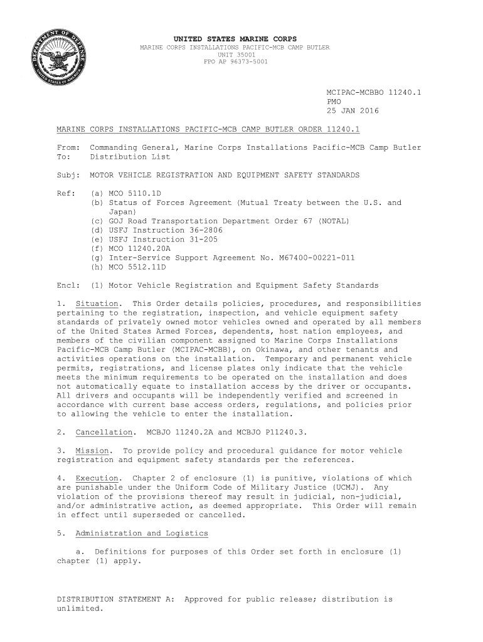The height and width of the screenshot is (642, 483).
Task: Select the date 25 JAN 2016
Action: click(353, 111)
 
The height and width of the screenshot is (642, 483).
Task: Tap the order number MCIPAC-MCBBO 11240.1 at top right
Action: click(374, 92)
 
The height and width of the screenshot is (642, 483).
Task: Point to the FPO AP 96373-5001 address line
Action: click(236, 61)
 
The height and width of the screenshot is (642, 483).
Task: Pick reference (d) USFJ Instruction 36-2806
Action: click(157, 230)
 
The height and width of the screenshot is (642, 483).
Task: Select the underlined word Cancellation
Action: click(104, 433)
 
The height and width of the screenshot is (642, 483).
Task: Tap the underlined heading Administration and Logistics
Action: click(142, 534)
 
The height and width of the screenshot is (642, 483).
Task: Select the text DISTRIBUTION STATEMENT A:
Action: click(115, 599)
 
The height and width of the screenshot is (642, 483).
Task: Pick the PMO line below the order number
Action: click(334, 102)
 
